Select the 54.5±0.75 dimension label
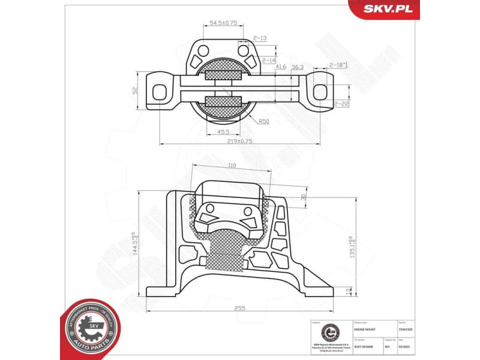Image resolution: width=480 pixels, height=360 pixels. coord(223,23)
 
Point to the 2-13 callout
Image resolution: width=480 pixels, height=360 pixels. coord(260,37)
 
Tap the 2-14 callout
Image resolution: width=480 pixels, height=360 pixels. coord(268,61)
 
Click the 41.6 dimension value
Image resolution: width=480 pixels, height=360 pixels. coord(281,67)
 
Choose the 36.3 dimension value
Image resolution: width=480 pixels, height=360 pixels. coord(297,67)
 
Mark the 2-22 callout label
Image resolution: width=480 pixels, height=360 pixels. coord(341,104)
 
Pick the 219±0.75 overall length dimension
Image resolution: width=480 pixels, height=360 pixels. coord(239,141)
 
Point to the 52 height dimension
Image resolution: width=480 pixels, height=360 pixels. coord(136,91)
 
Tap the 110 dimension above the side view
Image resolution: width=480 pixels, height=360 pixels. coord(232,165)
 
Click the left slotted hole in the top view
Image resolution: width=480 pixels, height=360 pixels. coord(160,91)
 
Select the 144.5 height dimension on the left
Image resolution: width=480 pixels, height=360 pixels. coord(136,243)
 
